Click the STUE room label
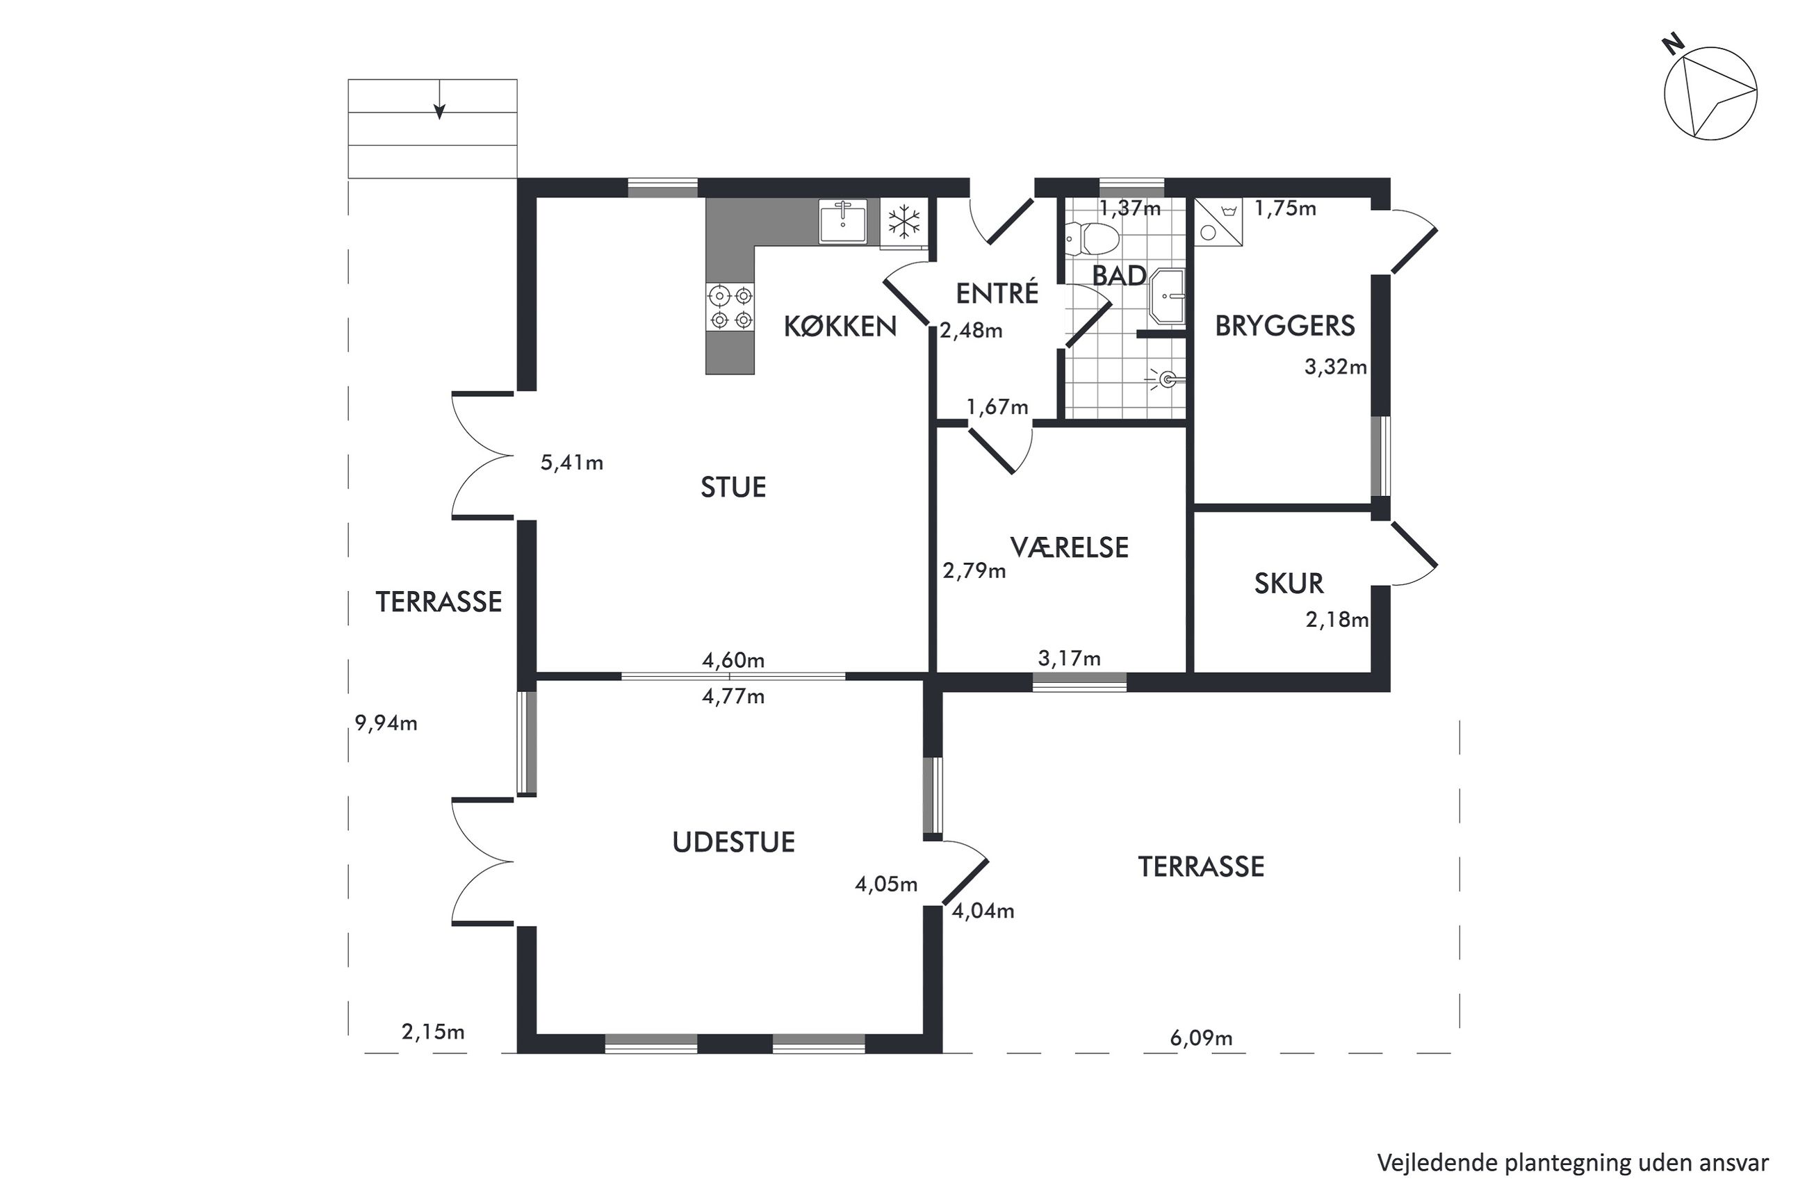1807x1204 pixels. [733, 488]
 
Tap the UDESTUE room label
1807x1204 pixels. [733, 842]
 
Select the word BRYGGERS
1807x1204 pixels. [1285, 327]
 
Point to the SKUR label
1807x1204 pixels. [1289, 584]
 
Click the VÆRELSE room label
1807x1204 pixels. [1069, 547]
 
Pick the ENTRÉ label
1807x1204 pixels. [997, 292]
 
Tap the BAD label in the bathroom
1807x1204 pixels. [1119, 277]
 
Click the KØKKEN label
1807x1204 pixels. [840, 327]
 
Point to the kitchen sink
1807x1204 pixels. [842, 221]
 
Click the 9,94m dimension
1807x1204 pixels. [386, 723]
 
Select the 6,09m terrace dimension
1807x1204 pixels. [1201, 1038]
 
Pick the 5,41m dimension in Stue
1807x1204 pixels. [572, 462]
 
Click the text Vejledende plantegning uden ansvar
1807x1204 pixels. [1573, 1162]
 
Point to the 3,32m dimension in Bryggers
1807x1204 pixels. [1336, 367]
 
